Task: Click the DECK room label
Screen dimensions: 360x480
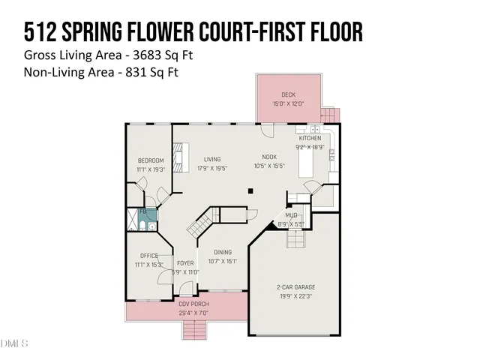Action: (288, 94)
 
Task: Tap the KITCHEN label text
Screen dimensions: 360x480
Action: (310, 139)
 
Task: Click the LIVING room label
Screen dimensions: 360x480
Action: (212, 160)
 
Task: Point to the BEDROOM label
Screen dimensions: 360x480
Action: (150, 161)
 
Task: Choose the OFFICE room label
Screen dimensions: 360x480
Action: (149, 256)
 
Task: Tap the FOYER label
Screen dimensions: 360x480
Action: (185, 263)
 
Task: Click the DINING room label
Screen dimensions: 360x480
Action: (223, 253)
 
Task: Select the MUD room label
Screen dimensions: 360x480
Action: (290, 215)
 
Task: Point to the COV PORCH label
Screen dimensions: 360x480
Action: (193, 304)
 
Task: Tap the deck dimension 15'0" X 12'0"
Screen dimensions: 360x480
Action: (288, 103)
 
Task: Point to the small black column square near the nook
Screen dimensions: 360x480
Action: (251, 191)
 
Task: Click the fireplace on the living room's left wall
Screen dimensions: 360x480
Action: (178, 158)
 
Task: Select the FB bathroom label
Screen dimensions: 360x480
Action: (142, 212)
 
